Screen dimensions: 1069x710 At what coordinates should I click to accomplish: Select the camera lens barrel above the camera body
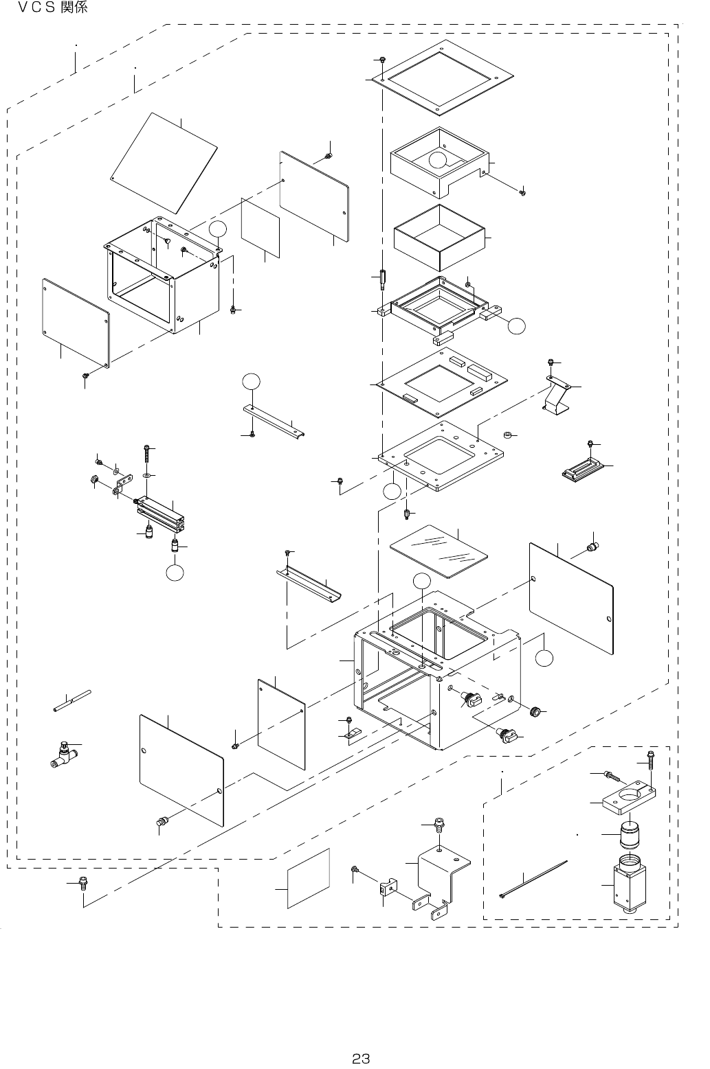[632, 835]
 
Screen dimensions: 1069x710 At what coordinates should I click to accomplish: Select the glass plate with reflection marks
[439, 550]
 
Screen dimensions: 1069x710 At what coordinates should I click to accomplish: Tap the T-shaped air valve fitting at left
[63, 757]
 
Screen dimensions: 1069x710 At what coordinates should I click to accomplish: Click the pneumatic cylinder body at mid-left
[161, 511]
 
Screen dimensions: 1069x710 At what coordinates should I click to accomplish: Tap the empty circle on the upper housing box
[438, 161]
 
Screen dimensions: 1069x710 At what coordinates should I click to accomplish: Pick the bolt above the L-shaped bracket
[439, 823]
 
